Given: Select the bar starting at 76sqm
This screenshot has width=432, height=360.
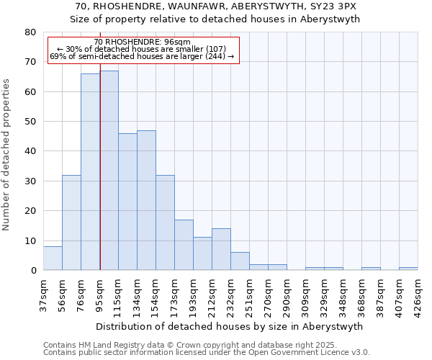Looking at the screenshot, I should point(90,172).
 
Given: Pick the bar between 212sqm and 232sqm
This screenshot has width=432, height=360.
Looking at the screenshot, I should point(221,249).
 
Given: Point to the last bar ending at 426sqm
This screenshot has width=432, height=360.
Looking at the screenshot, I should point(408,269).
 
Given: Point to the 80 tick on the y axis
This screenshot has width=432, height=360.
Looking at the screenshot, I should point(30,32).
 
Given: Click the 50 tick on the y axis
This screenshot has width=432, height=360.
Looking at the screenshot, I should point(30,122).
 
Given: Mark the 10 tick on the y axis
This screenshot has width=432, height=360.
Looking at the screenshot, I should point(30,241).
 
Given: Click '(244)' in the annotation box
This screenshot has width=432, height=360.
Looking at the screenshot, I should point(218,56).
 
